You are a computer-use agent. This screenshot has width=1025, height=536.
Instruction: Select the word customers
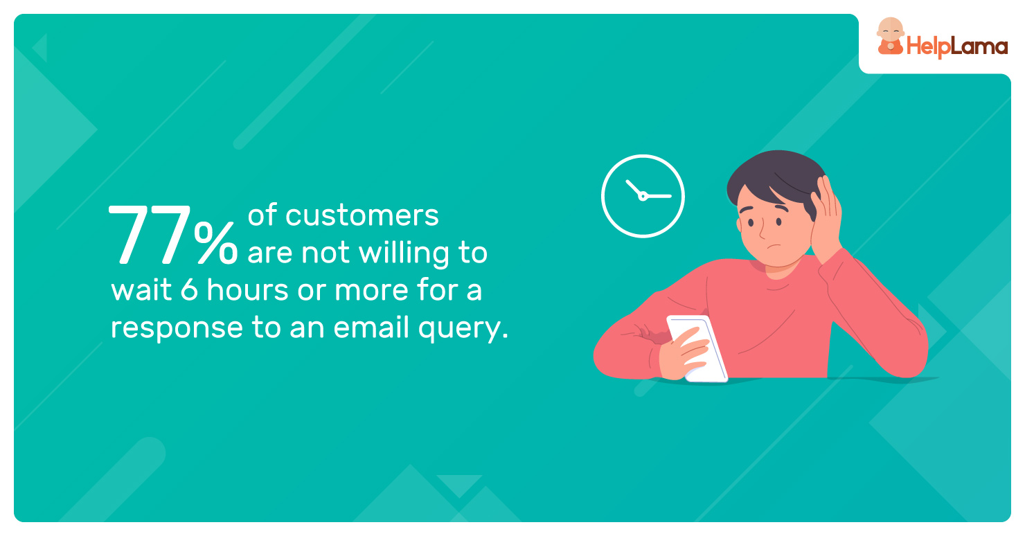362,215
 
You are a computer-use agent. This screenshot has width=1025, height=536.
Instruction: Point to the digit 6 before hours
189,289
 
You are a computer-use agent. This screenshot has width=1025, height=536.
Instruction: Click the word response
177,329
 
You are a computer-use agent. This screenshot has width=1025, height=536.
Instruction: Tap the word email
371,327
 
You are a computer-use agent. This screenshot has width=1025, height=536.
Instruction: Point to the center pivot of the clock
643,197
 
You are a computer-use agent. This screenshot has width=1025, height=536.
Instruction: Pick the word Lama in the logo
979,46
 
